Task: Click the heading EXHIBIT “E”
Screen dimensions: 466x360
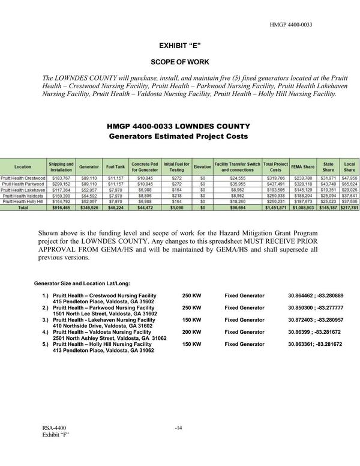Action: tap(179, 46)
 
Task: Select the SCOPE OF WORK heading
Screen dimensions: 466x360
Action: tap(179, 62)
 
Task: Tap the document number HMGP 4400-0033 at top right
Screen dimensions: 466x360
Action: tap(292, 25)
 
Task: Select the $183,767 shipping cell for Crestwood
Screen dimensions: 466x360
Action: tap(62, 178)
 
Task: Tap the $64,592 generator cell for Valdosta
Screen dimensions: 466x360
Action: tap(89, 196)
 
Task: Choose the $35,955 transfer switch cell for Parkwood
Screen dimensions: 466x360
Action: tap(237, 184)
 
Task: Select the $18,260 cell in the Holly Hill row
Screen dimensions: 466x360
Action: tap(237, 202)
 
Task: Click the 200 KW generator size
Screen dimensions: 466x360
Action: tap(191, 331)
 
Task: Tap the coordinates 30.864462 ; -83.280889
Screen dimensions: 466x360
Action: tap(316, 296)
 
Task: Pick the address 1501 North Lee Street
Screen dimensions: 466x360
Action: tap(105, 313)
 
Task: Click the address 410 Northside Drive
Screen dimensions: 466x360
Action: tap(103, 325)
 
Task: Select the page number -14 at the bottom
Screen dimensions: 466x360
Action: tap(178, 428)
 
